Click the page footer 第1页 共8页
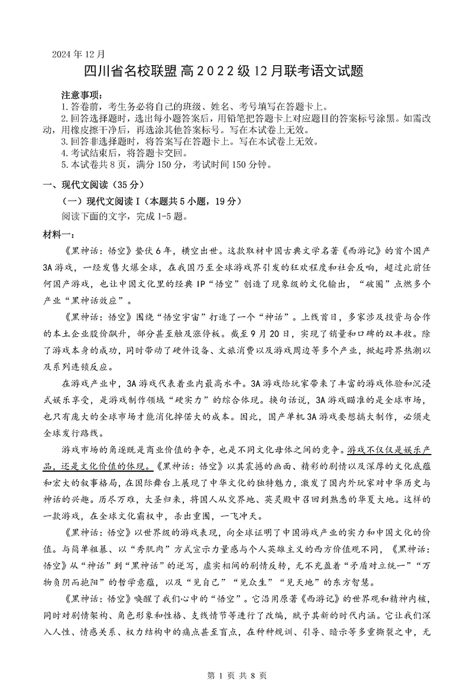[x=236, y=675]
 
